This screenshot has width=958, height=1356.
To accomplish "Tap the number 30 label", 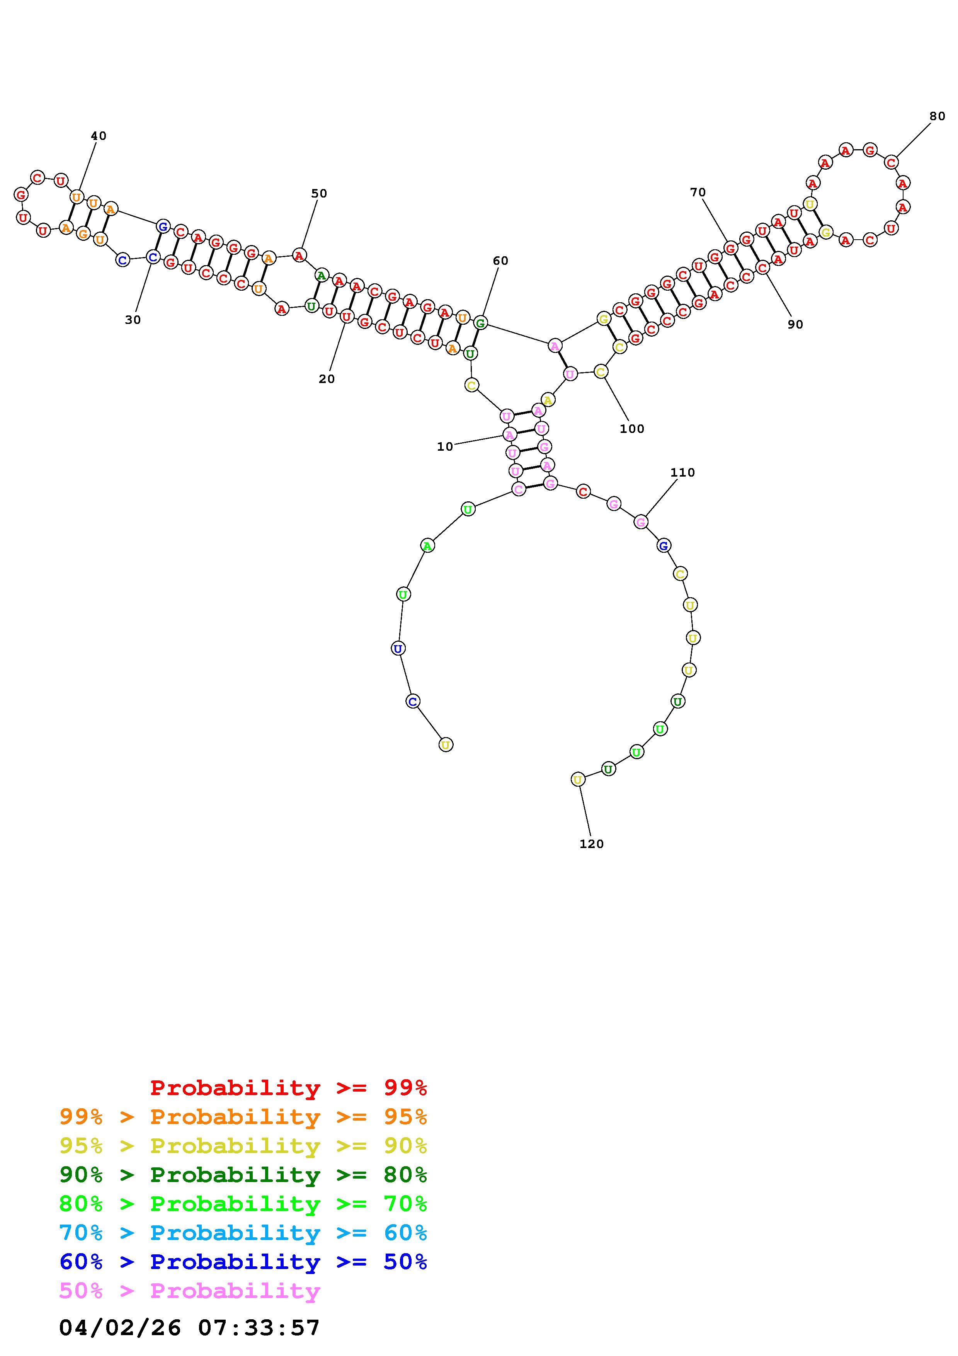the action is coord(133,320).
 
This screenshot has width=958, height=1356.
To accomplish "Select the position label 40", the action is coord(99,136).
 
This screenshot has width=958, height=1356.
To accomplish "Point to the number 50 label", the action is coord(319,193).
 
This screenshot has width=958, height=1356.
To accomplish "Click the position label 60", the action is coord(500,261).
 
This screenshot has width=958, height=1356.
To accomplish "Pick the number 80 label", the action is coord(938,116).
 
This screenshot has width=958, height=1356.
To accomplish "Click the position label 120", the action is coord(591,844).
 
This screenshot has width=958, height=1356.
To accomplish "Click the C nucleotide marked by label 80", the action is coord(891,162).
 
